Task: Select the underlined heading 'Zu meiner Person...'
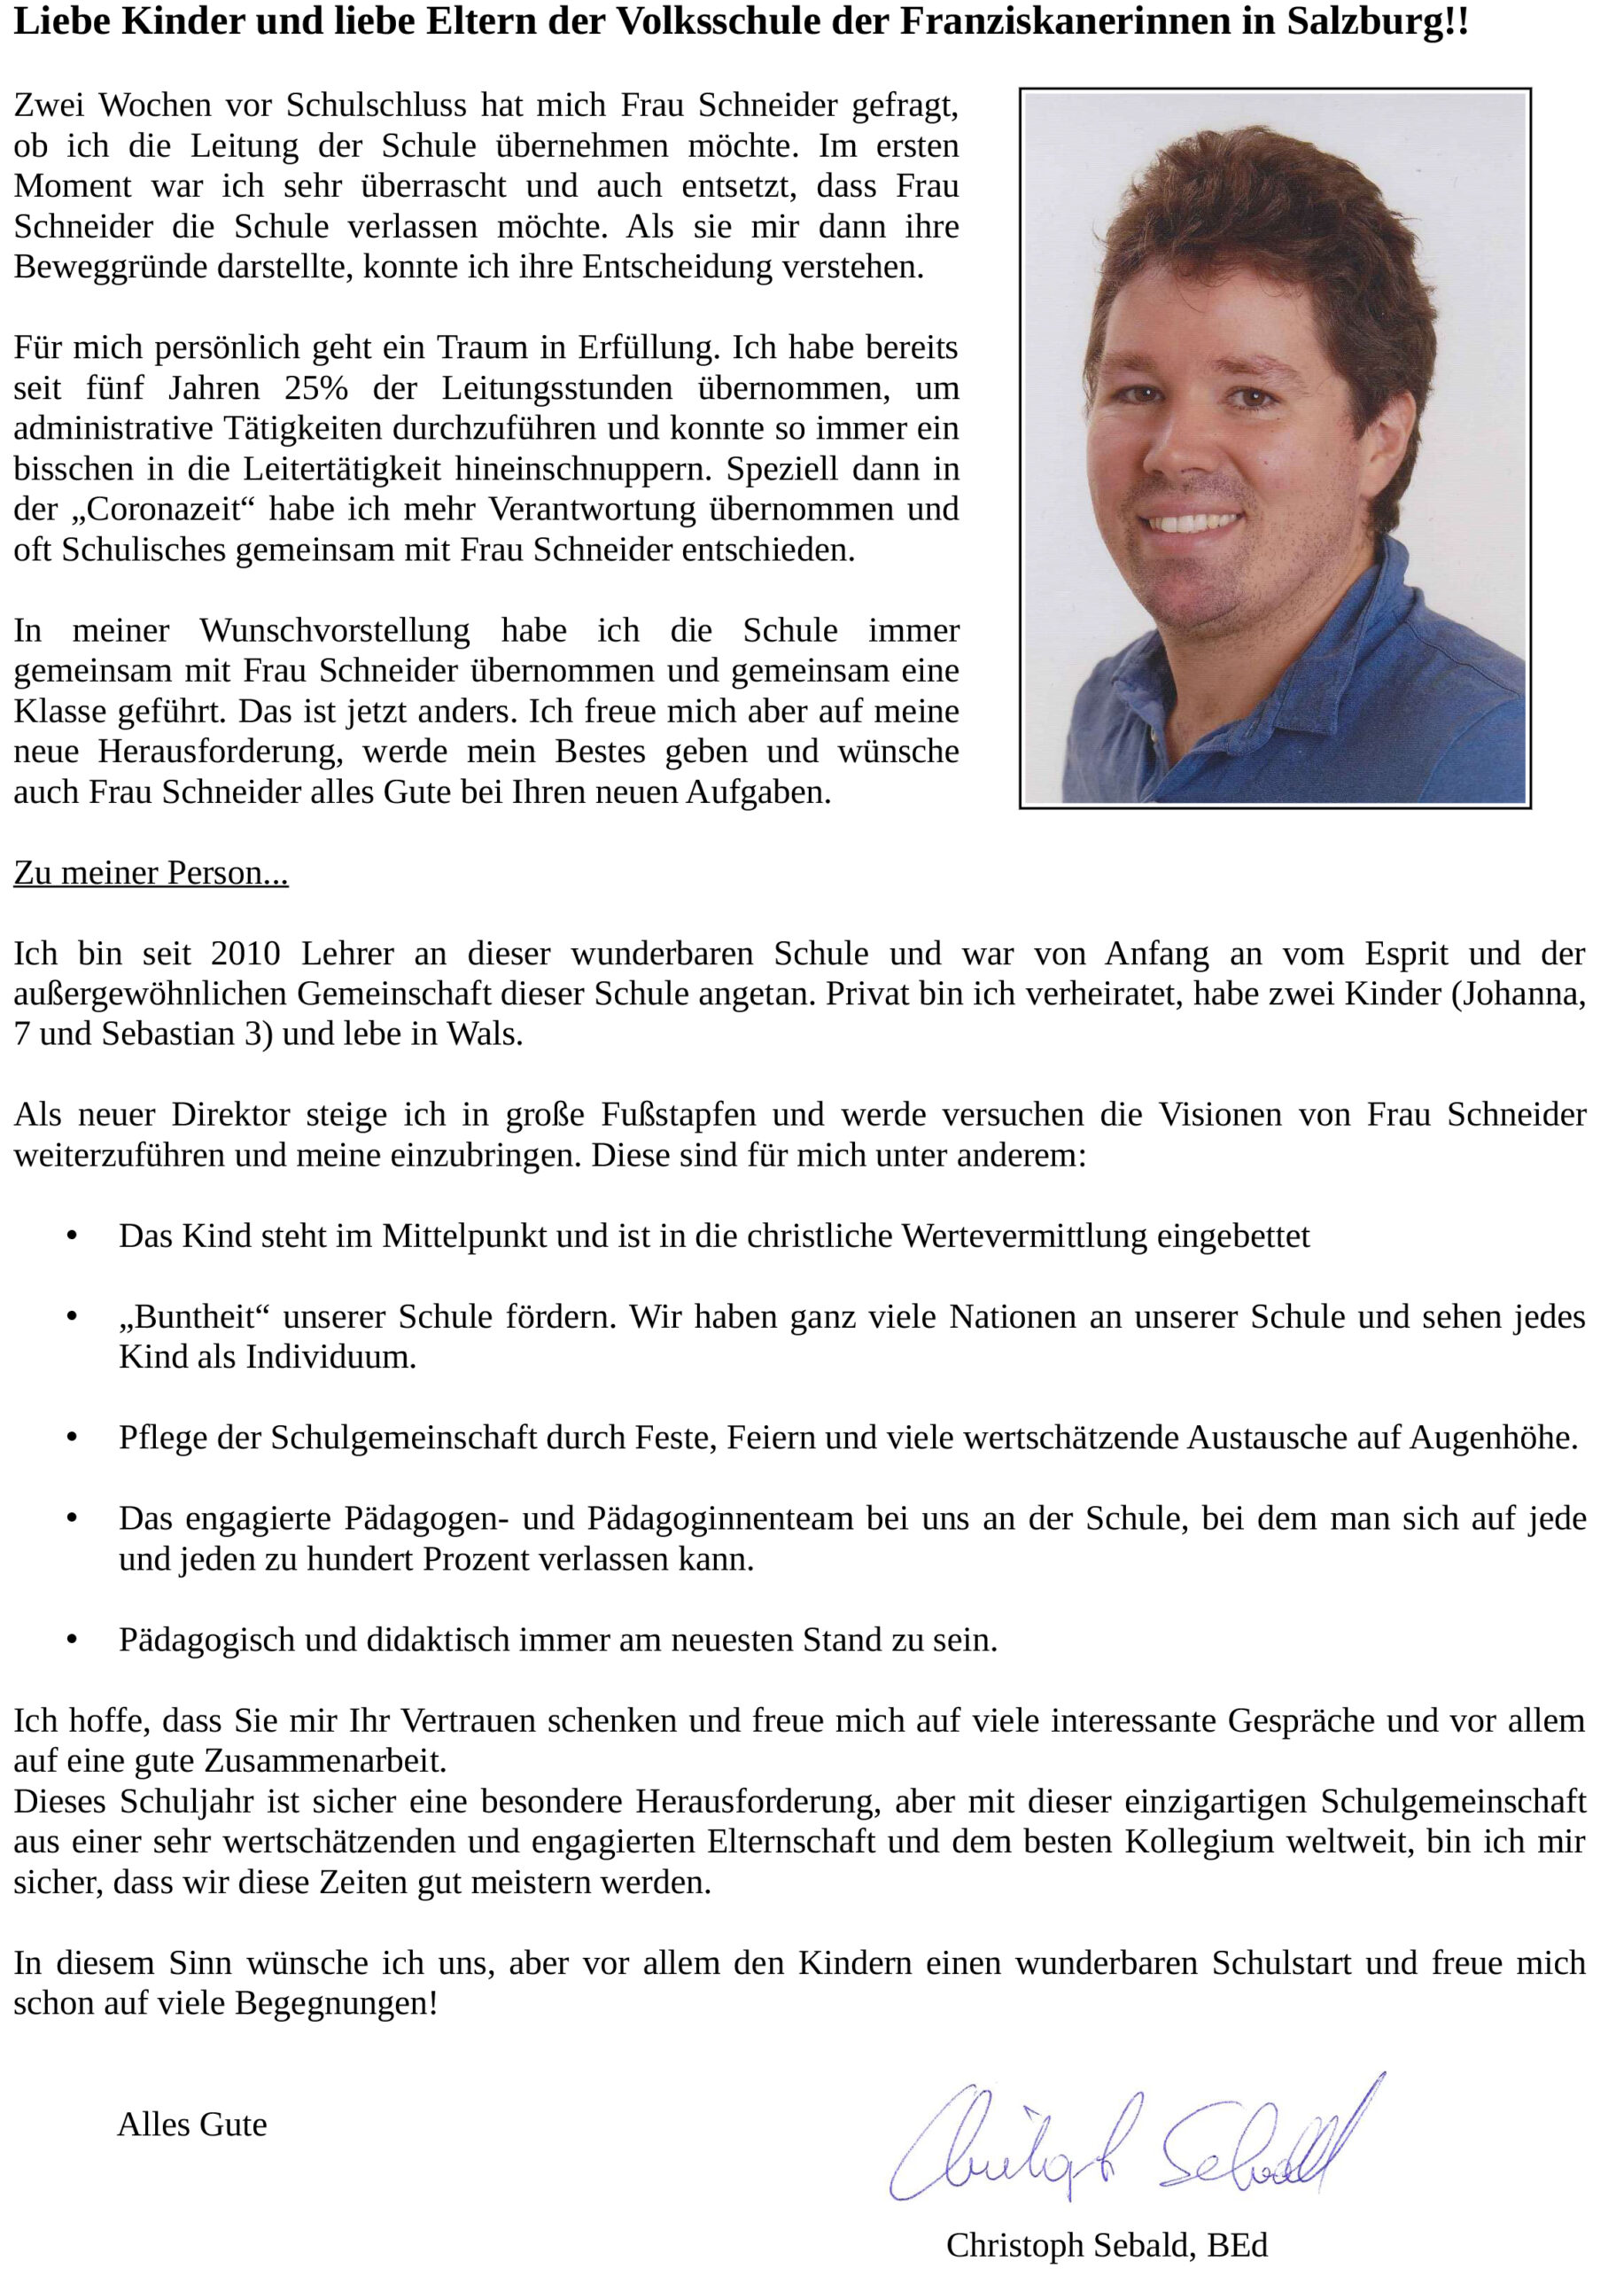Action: tap(151, 873)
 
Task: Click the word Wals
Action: tap(484, 1034)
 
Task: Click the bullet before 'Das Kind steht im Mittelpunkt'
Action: tap(72, 1237)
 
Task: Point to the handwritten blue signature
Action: tap(1134, 2145)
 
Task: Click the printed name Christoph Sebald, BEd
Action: tap(1107, 2245)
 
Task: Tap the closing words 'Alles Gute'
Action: tap(192, 2125)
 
